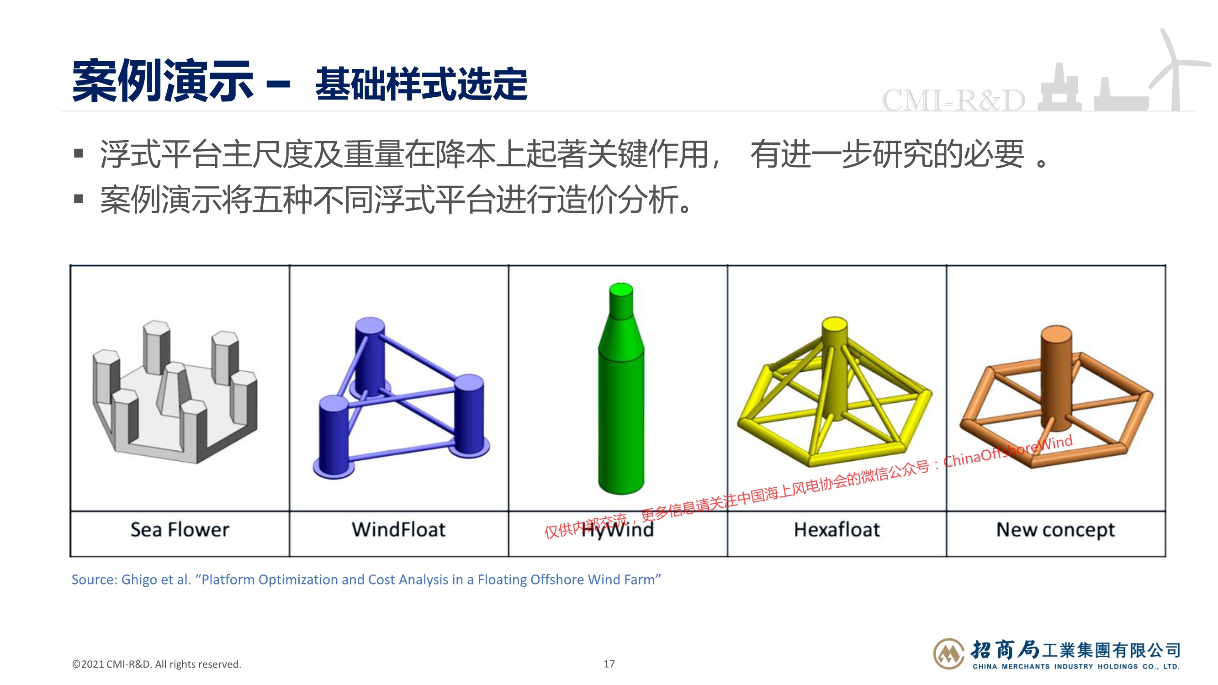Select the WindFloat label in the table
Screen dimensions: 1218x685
click(398, 529)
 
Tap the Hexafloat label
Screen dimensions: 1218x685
click(837, 529)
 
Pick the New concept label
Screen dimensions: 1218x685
click(1055, 530)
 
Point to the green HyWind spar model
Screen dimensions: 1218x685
click(621, 389)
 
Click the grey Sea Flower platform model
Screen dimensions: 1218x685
click(175, 392)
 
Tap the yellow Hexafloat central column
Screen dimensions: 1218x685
click(835, 369)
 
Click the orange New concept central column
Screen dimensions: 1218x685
click(1056, 378)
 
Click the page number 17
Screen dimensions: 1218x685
click(609, 664)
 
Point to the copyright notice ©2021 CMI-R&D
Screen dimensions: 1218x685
click(157, 664)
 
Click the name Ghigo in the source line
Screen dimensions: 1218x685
click(140, 580)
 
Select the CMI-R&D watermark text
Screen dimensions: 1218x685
click(953, 100)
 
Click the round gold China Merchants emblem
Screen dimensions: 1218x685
click(948, 654)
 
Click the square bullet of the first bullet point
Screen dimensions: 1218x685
click(79, 153)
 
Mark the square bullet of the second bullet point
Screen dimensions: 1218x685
click(79, 199)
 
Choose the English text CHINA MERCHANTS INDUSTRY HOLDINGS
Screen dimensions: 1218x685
click(1055, 667)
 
